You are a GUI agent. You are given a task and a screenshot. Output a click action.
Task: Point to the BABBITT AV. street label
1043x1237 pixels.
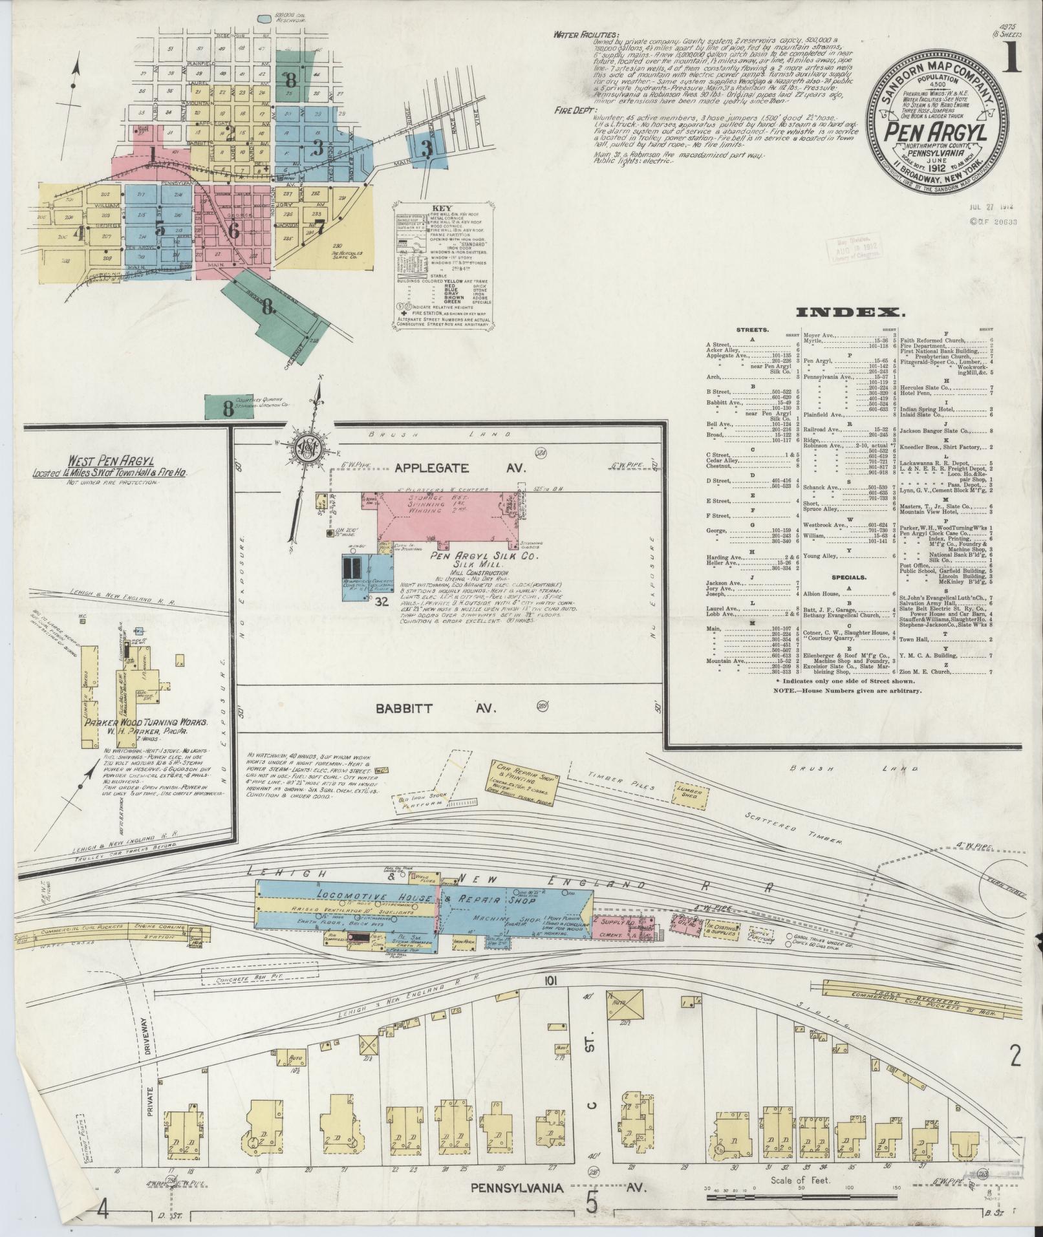(x=437, y=708)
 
